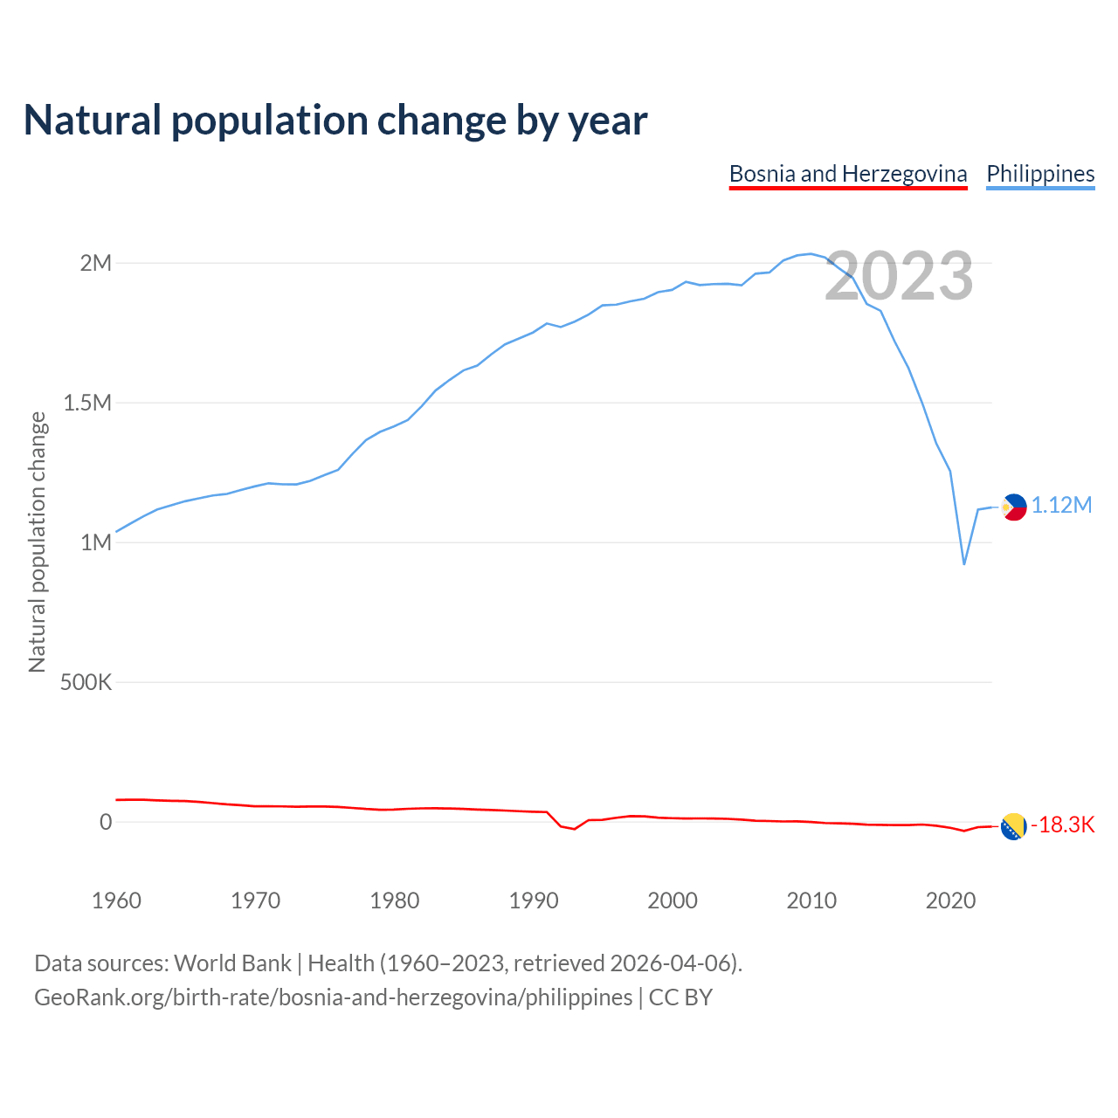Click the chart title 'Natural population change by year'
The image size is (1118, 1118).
335,121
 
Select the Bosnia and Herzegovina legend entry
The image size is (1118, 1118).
848,174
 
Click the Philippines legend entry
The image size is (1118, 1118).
1040,174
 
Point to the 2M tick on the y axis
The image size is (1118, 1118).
96,263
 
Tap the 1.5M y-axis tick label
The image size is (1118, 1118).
87,403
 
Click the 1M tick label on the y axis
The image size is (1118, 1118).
96,542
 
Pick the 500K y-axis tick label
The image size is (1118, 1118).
86,682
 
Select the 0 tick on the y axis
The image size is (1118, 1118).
106,822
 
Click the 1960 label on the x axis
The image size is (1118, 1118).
116,901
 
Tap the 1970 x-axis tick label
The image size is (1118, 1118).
255,901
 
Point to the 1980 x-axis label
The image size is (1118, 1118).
395,901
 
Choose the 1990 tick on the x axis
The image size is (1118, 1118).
534,901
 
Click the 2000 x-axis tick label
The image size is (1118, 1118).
673,901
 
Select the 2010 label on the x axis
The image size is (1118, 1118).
811,901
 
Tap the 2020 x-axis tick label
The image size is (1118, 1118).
950,901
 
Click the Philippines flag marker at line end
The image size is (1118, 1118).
1013,507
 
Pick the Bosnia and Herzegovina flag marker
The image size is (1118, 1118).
1013,826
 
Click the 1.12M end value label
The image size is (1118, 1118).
1061,506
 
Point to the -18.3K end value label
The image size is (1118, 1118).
1063,825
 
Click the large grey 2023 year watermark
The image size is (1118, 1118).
899,276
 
